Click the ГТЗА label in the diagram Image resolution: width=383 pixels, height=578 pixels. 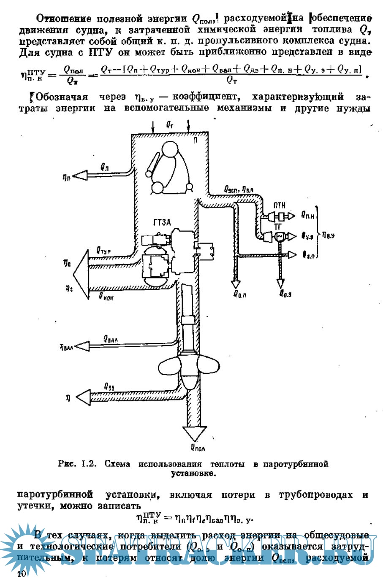tap(163, 222)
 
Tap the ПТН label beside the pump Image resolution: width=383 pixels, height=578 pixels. tap(279, 205)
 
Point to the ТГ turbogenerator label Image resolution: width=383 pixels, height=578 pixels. tap(278, 227)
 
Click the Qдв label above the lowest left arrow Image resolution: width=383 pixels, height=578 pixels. tap(109, 386)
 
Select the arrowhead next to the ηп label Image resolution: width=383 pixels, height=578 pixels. tap(80, 175)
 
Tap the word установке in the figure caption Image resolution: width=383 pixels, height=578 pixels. tap(193, 473)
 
